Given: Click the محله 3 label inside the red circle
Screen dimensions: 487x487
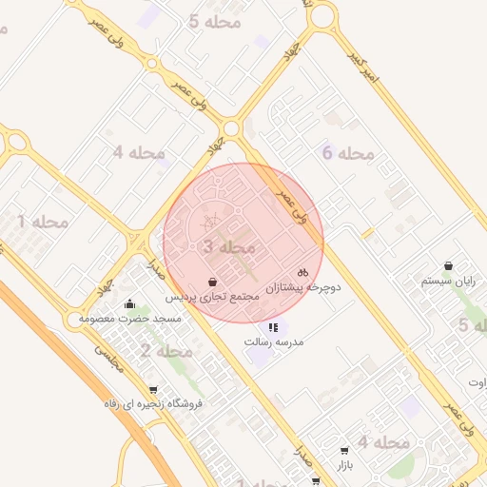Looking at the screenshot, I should click(x=229, y=247).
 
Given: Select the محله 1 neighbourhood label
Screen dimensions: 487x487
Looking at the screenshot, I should click(x=43, y=222).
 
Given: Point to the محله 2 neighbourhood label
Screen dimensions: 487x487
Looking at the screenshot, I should click(x=166, y=352).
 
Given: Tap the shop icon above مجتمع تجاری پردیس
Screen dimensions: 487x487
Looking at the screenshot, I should click(x=211, y=282).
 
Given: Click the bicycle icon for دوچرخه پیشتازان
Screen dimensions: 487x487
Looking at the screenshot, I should click(x=303, y=272).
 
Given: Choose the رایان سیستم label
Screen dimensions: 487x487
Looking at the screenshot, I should click(x=448, y=282).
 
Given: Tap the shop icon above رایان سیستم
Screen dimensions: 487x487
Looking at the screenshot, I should click(x=448, y=266).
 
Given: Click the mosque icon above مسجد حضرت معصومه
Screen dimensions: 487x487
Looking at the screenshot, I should click(x=129, y=304).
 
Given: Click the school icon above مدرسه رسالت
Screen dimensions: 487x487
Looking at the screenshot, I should click(x=274, y=327).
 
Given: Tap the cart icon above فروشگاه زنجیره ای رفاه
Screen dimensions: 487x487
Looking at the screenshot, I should click(x=153, y=389).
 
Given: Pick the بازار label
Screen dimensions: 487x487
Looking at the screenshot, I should click(x=343, y=467).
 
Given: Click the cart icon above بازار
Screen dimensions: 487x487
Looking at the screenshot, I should click(x=343, y=452).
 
